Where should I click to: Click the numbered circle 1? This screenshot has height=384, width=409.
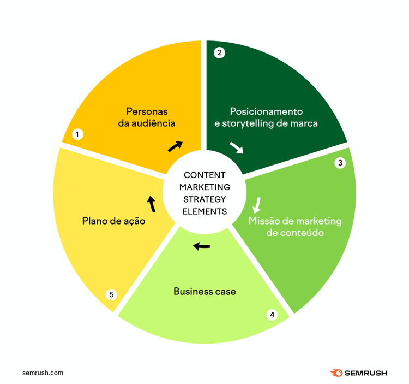[77, 134]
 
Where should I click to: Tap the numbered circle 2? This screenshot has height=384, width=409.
[219, 53]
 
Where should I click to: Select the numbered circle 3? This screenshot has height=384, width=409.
[340, 163]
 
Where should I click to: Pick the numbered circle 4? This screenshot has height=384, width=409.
[272, 315]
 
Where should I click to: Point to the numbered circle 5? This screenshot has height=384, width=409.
[111, 294]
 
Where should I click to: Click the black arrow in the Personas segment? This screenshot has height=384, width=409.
[175, 146]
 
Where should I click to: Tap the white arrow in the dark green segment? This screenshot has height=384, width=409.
[237, 148]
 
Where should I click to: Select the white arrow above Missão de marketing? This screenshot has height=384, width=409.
[257, 205]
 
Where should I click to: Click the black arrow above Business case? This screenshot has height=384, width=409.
[201, 246]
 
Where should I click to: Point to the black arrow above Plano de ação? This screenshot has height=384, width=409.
[151, 204]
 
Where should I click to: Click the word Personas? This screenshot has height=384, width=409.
[147, 111]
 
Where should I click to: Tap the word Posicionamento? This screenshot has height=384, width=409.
[266, 111]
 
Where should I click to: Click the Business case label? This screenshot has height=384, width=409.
[204, 292]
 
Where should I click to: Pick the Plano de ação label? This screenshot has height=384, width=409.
[114, 221]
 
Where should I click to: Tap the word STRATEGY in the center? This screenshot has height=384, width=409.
[204, 199]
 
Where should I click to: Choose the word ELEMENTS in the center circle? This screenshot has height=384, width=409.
[204, 211]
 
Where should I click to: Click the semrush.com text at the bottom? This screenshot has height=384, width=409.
[43, 373]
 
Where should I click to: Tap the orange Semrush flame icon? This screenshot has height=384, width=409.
[336, 373]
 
